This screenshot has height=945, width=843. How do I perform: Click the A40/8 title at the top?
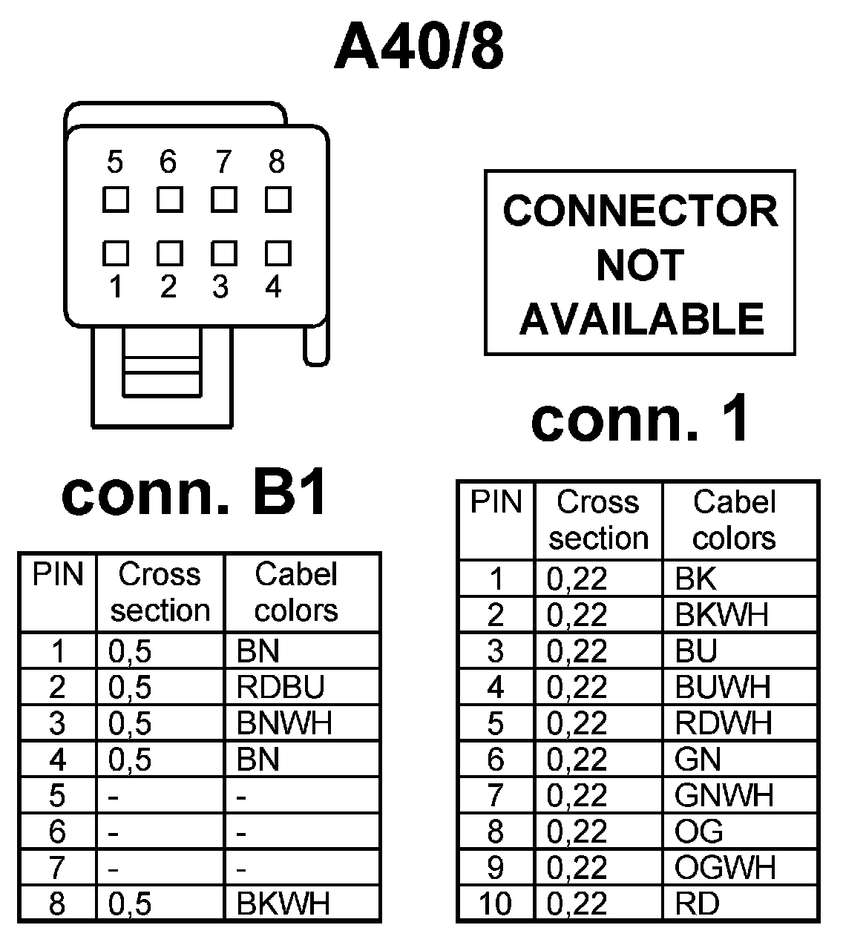click(419, 47)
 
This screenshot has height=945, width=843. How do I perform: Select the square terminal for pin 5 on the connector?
click(116, 200)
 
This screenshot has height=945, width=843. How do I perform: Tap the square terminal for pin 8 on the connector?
click(278, 200)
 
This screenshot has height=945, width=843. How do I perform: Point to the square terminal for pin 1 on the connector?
click(116, 254)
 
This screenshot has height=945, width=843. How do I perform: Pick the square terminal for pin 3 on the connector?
click(223, 254)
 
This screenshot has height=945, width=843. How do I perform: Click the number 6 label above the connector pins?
click(168, 161)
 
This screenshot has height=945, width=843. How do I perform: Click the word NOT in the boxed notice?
click(640, 265)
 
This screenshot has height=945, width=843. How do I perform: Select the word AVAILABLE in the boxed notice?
click(641, 319)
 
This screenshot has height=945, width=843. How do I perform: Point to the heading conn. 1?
click(640, 420)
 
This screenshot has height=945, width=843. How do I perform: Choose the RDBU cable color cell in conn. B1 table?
click(281, 688)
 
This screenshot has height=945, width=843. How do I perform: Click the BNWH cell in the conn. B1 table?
click(284, 723)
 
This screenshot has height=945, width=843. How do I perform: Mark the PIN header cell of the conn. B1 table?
click(58, 576)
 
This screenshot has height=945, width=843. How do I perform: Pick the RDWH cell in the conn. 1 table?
click(724, 723)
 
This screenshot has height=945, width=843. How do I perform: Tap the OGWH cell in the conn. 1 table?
click(725, 868)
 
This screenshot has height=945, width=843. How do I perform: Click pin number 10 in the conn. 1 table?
click(495, 904)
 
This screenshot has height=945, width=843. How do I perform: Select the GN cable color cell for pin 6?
click(698, 760)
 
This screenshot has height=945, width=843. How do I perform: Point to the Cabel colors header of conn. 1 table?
click(734, 520)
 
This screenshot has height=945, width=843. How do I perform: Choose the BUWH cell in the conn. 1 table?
click(723, 687)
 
